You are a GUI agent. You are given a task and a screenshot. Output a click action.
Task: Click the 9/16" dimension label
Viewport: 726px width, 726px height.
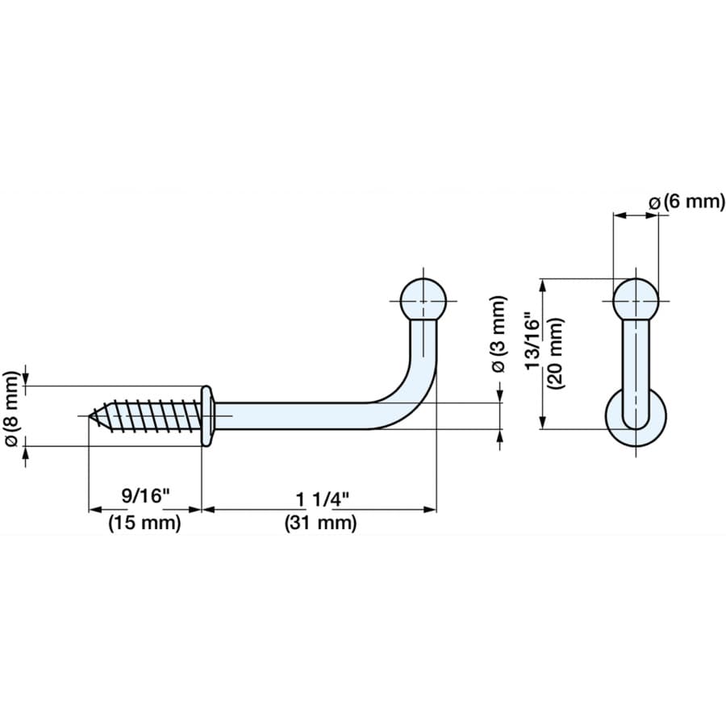tap(145, 495)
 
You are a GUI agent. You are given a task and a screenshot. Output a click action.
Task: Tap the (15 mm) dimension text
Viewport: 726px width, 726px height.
tap(145, 523)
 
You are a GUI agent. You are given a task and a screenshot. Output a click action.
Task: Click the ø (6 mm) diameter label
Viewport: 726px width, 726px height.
tap(688, 202)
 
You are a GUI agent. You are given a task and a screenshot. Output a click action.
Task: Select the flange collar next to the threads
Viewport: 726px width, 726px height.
tap(207, 415)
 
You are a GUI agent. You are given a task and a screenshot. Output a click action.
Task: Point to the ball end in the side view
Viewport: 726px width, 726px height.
tap(423, 300)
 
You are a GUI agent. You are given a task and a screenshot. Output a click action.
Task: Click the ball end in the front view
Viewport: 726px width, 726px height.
tap(636, 301)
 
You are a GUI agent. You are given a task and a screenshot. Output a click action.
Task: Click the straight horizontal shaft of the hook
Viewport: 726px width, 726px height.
tap(298, 415)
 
